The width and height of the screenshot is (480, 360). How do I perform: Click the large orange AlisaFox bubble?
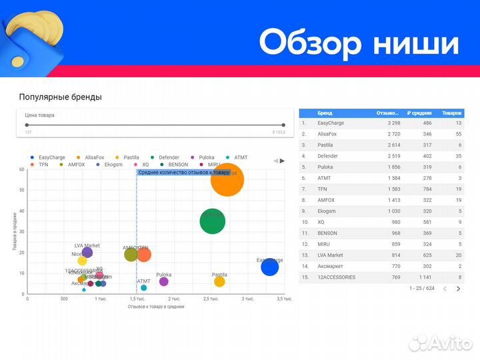227,179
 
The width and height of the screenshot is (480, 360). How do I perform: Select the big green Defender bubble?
212,221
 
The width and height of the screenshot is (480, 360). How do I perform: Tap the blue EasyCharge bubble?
269,267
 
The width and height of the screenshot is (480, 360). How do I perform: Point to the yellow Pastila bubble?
219,282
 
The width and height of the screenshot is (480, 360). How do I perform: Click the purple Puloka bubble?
164,282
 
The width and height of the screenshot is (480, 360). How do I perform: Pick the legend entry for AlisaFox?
91,157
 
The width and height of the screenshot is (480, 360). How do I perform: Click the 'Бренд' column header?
325,113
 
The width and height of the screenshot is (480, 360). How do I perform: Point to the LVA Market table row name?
330,255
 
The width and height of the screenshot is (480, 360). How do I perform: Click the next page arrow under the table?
458,289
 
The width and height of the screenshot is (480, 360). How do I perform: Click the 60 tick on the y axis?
22,169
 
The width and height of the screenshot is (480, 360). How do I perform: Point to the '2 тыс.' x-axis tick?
174,299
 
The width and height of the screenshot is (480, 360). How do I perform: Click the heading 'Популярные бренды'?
61,97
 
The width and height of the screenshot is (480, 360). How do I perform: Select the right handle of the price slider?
283,125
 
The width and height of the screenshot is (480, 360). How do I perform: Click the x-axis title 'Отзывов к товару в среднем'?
155,307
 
